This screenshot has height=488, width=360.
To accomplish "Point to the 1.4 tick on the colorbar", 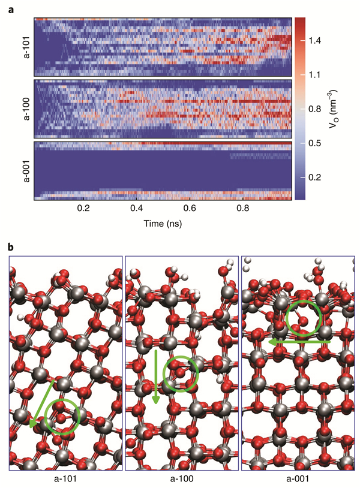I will pos(316,41).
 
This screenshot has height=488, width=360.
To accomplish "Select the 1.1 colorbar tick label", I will pos(316,75).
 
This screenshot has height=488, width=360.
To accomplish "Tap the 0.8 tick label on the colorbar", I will pos(316,109).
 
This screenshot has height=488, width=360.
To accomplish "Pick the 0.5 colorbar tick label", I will pos(316,143).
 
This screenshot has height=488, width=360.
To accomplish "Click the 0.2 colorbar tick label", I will pos(316,177).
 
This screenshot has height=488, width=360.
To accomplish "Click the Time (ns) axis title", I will pos(163,222).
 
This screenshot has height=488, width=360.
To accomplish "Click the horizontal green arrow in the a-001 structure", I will pos(299,341).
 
